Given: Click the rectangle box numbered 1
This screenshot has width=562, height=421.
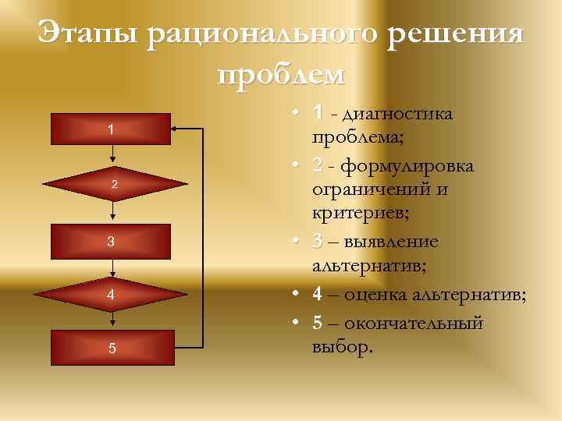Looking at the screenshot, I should [111, 129].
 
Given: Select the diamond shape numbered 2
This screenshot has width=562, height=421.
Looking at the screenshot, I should [115, 184].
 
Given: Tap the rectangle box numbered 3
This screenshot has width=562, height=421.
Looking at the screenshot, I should [111, 242].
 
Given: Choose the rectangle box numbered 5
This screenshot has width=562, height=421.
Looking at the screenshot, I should [111, 348].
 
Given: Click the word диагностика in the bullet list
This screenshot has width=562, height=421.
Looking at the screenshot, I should [401, 115].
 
